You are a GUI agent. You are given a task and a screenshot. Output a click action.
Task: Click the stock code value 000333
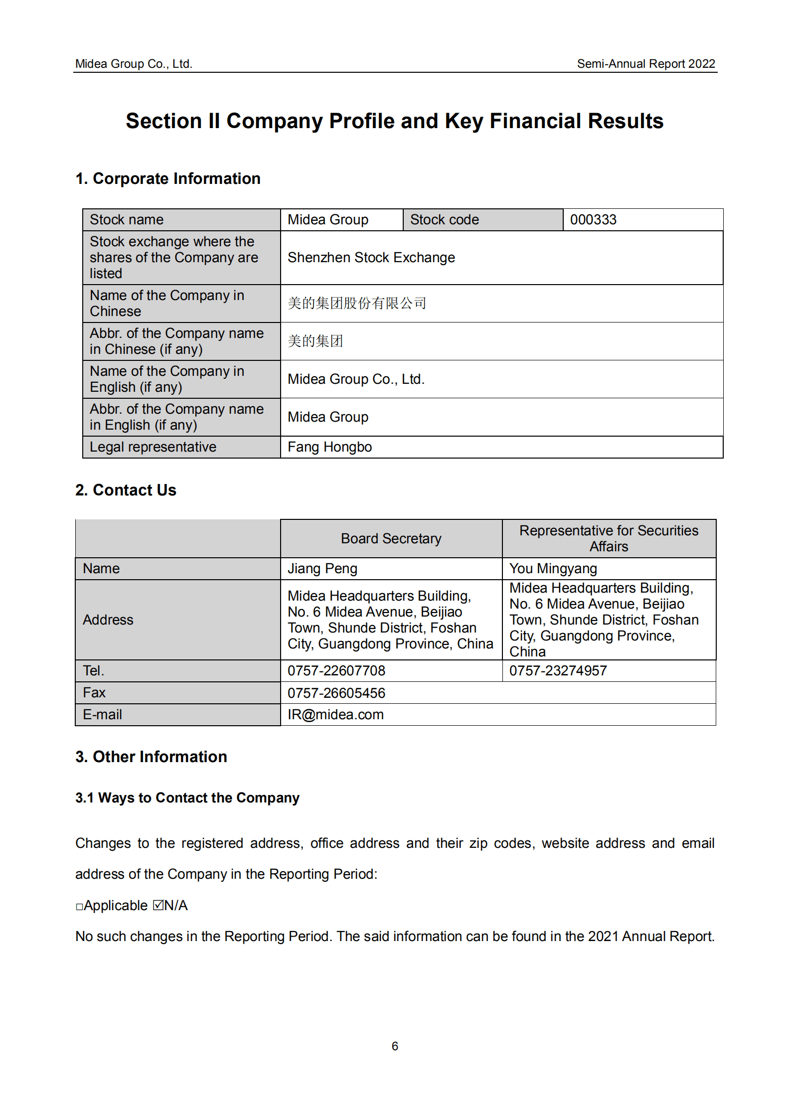(x=593, y=220)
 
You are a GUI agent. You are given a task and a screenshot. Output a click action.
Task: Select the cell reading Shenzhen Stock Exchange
(x=371, y=258)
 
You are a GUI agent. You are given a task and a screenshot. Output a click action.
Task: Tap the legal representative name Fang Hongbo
(x=329, y=447)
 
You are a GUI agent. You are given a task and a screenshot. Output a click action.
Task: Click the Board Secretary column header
(x=391, y=539)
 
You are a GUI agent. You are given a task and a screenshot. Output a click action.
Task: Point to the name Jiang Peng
(x=322, y=569)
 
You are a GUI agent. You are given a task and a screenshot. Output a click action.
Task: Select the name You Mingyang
(x=553, y=569)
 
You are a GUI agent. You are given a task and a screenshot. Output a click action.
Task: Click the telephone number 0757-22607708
(x=336, y=671)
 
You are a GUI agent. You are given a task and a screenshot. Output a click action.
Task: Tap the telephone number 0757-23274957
(x=558, y=671)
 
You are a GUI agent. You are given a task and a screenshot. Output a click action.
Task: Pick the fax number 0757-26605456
(x=336, y=693)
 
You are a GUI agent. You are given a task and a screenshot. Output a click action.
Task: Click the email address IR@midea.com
(x=335, y=715)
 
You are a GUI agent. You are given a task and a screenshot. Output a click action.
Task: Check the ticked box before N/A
(x=158, y=905)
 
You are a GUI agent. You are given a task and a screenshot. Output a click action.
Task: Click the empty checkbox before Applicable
(x=79, y=907)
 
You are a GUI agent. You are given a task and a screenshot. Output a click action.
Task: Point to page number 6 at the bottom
(x=395, y=1046)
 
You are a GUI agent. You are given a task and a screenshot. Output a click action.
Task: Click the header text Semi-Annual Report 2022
(x=645, y=64)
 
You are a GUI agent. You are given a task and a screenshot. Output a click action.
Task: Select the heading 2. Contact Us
(x=126, y=490)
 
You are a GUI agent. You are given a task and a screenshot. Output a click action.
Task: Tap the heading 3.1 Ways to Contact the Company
(x=187, y=798)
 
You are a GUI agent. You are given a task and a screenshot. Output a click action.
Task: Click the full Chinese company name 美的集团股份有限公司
(x=357, y=303)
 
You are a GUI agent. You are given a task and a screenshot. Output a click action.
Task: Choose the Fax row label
(x=94, y=693)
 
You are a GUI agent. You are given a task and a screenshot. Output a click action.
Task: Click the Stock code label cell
(x=444, y=220)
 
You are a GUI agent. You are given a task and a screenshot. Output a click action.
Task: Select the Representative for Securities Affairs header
(x=609, y=538)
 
